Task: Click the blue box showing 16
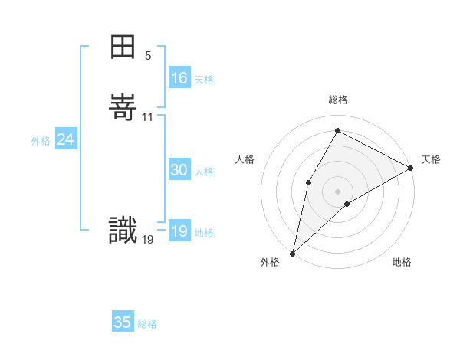(179, 78)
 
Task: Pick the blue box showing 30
(179, 171)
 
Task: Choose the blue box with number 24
(66, 139)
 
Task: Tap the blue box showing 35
(123, 322)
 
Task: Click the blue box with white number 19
(179, 232)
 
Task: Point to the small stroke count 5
(148, 55)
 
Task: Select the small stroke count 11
(148, 116)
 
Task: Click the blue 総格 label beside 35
(147, 324)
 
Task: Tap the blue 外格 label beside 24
(41, 141)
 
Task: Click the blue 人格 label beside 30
(204, 172)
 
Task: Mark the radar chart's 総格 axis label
(337, 100)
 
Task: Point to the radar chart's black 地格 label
(402, 263)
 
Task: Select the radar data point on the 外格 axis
(292, 253)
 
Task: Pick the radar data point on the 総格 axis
(337, 130)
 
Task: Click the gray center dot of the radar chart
(337, 191)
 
